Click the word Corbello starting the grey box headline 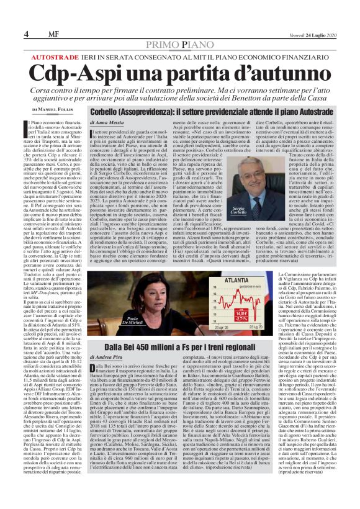(x=107, y=111)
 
